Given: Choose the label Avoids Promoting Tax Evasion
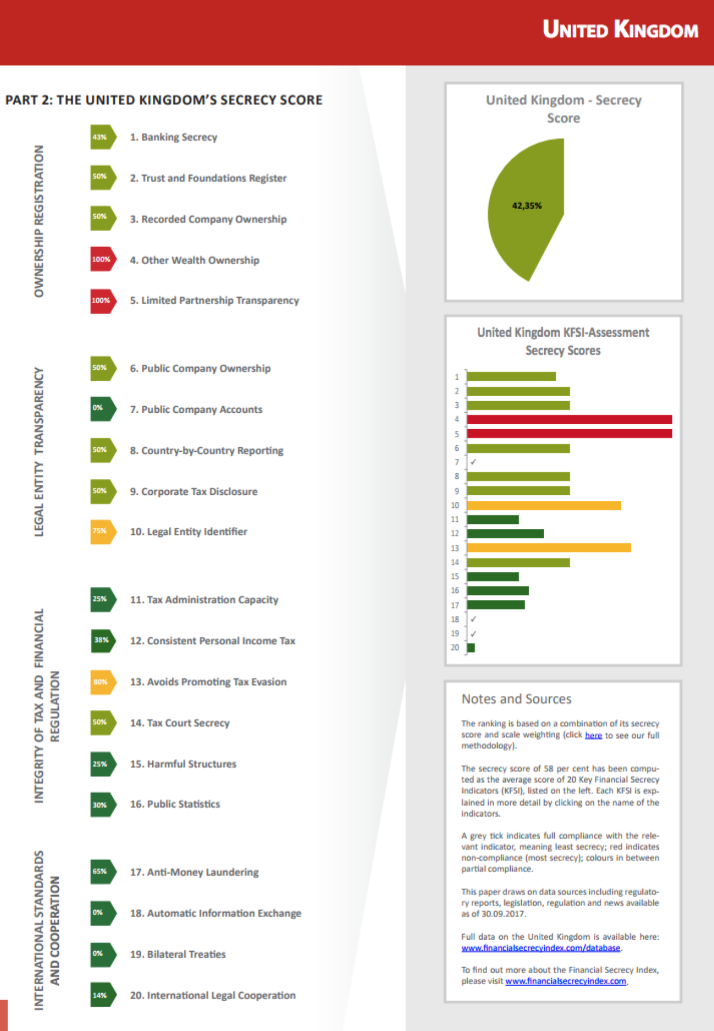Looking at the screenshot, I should [208, 682].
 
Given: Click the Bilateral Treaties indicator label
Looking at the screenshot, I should [178, 954].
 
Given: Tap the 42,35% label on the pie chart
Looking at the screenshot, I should [527, 206].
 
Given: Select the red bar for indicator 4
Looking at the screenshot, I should [569, 419].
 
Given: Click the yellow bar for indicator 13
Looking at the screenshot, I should [549, 548].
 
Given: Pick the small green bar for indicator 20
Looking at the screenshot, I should [471, 648].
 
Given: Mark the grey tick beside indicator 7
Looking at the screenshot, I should [473, 462].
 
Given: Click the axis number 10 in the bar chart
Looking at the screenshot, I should [455, 505].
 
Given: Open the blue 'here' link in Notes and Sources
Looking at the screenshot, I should [593, 735].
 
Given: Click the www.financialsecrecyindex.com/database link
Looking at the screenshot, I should [541, 948].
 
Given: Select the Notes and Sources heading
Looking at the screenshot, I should [516, 699].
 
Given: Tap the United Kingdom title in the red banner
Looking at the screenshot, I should [620, 30].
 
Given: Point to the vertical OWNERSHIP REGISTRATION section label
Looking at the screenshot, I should [39, 221].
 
